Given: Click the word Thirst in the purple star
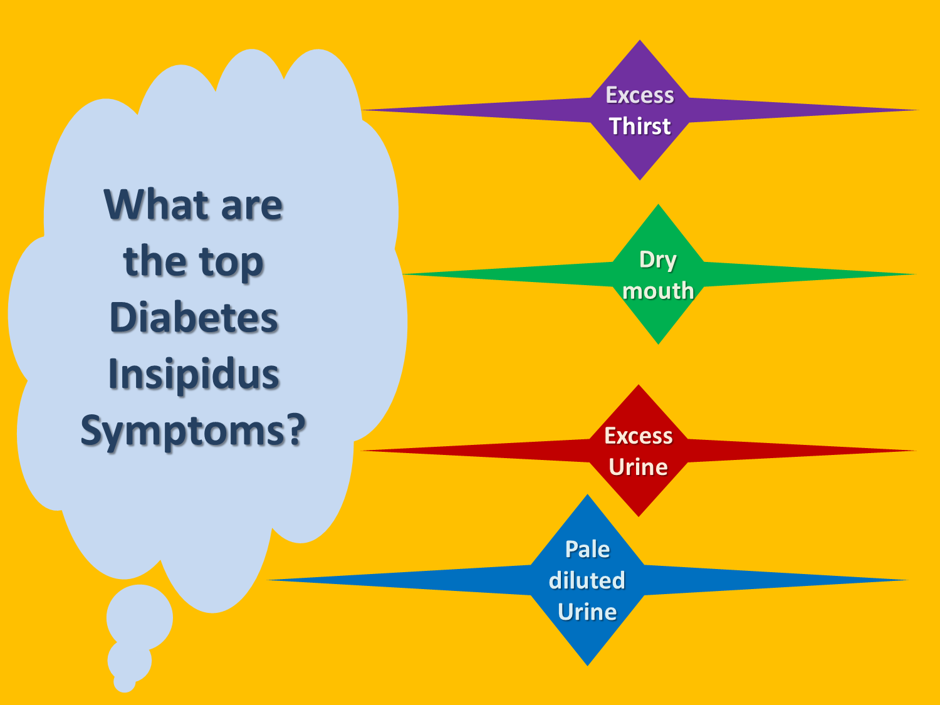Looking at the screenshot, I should [640, 126].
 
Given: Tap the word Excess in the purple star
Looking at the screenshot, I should [640, 95].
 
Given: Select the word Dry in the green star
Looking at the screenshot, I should [658, 260].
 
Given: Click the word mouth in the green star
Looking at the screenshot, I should [658, 291].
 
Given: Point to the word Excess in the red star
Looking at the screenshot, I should [639, 436].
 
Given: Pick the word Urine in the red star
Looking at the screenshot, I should [639, 467].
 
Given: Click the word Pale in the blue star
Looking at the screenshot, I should [587, 550].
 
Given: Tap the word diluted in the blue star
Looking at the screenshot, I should [587, 580].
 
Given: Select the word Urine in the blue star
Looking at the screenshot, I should [587, 612].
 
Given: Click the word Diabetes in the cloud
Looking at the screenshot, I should [194, 317].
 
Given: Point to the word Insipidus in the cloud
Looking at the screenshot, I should [194, 374].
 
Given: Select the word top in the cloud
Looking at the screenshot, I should [231, 262].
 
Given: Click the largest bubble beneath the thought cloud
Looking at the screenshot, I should [140, 617].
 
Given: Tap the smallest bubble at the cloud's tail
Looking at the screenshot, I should [125, 682].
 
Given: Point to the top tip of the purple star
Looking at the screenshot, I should [640, 43].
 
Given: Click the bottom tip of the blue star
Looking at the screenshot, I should [588, 663].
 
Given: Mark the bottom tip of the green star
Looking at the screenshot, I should [659, 342].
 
